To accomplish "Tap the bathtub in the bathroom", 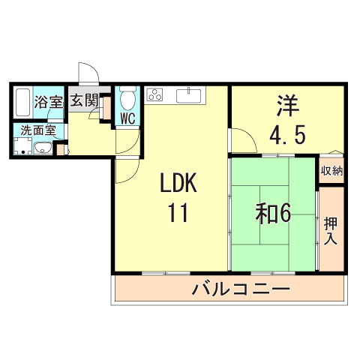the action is (23, 102).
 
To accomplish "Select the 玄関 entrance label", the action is (84, 100).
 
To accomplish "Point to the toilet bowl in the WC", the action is (127, 99).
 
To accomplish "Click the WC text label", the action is (127, 118).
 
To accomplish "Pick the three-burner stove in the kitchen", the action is (154, 94).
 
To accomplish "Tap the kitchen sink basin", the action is (188, 96).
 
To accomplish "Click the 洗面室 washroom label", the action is (38, 130).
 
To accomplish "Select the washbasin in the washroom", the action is (43, 148).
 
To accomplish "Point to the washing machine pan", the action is (23, 146).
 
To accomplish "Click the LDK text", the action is (178, 183).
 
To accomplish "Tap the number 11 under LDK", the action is (178, 212).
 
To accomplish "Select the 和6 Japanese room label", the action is (273, 214).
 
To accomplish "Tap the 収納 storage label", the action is (331, 171).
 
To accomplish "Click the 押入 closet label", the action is (331, 231).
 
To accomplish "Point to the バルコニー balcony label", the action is (241, 289).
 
